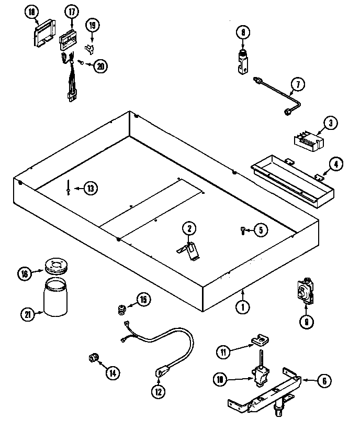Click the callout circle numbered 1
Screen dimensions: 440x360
tap(242, 307)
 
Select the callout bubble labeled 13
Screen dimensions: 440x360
tap(91, 188)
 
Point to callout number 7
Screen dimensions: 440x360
tap(297, 84)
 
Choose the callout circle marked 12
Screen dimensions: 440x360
tap(157, 390)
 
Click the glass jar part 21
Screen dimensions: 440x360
tap(55, 298)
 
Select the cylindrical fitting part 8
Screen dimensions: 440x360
tap(243, 61)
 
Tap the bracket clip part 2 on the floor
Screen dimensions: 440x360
tap(190, 248)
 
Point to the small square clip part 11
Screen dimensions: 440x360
tap(258, 342)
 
